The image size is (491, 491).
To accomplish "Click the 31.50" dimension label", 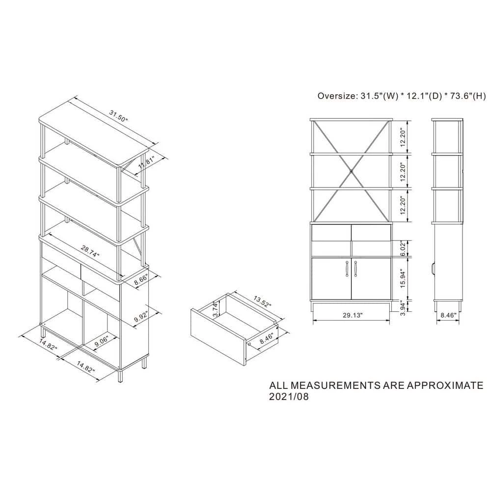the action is tap(119, 116).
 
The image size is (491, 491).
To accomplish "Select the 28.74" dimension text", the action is tap(90, 251).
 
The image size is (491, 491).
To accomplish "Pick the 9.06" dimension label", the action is tap(101, 341).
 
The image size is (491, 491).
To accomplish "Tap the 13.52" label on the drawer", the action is tap(262, 301).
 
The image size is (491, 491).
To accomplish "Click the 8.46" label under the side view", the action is tap(448, 315).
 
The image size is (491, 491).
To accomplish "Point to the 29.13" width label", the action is tap(352, 315).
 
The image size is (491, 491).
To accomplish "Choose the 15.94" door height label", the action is tap(403, 279).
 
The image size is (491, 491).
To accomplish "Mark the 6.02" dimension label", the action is tap(403, 248).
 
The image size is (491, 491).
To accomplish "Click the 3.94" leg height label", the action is tap(403, 308).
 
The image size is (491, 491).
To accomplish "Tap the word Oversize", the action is tap(337, 96).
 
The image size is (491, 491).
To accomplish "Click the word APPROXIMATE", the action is tap(445, 385).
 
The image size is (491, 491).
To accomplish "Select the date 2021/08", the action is tap(289, 396).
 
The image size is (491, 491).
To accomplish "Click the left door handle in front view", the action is tap(347, 269).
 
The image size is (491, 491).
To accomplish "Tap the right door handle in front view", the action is tap(355, 269).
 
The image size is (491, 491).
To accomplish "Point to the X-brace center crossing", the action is tap(352, 171).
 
